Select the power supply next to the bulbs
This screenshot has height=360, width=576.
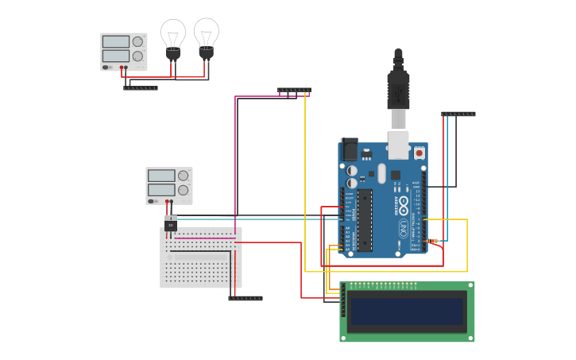[123, 51]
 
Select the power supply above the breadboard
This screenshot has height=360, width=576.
[168, 185]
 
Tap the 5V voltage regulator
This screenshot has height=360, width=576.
[170, 224]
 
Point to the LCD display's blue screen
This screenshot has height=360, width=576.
[406, 312]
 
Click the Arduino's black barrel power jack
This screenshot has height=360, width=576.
[349, 150]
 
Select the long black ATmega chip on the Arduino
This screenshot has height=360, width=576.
[365, 220]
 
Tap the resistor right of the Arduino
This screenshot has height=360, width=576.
[432, 241]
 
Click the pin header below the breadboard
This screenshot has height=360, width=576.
[245, 298]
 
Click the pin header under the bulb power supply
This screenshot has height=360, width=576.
[140, 87]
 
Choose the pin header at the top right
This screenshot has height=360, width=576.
[458, 114]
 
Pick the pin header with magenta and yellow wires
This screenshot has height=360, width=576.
[294, 90]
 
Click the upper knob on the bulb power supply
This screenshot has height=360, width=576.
[137, 41]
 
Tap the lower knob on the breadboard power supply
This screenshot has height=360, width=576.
[183, 191]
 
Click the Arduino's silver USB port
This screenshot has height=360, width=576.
[398, 145]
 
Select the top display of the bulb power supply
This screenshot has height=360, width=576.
[115, 41]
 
